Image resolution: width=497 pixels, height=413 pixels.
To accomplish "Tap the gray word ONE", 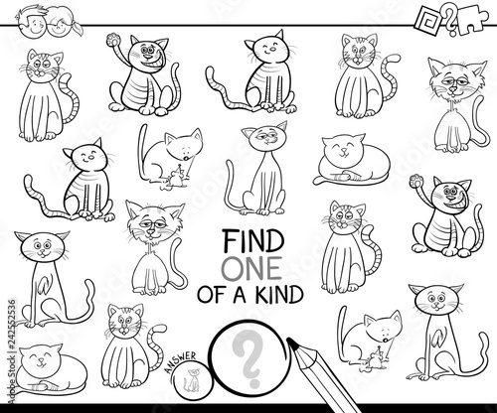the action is pos(251,268).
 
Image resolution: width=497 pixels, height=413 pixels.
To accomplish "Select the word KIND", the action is pos(279,294).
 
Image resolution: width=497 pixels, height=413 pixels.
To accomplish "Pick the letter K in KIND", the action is pos(261,294).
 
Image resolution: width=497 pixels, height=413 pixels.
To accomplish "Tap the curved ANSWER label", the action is pos(180,361).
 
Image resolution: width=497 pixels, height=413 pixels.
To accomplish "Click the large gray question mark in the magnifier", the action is pos(250,358).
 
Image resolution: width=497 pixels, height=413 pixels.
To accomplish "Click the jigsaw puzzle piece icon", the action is pos(472,21).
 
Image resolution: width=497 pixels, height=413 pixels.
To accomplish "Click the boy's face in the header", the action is pos(33,23).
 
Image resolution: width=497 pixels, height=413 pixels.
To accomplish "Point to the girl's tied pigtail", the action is pos(77,28).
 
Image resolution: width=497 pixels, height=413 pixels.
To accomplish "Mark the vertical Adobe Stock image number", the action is pos(12,351).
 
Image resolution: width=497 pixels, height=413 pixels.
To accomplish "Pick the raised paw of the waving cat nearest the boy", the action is pos(113,40).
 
